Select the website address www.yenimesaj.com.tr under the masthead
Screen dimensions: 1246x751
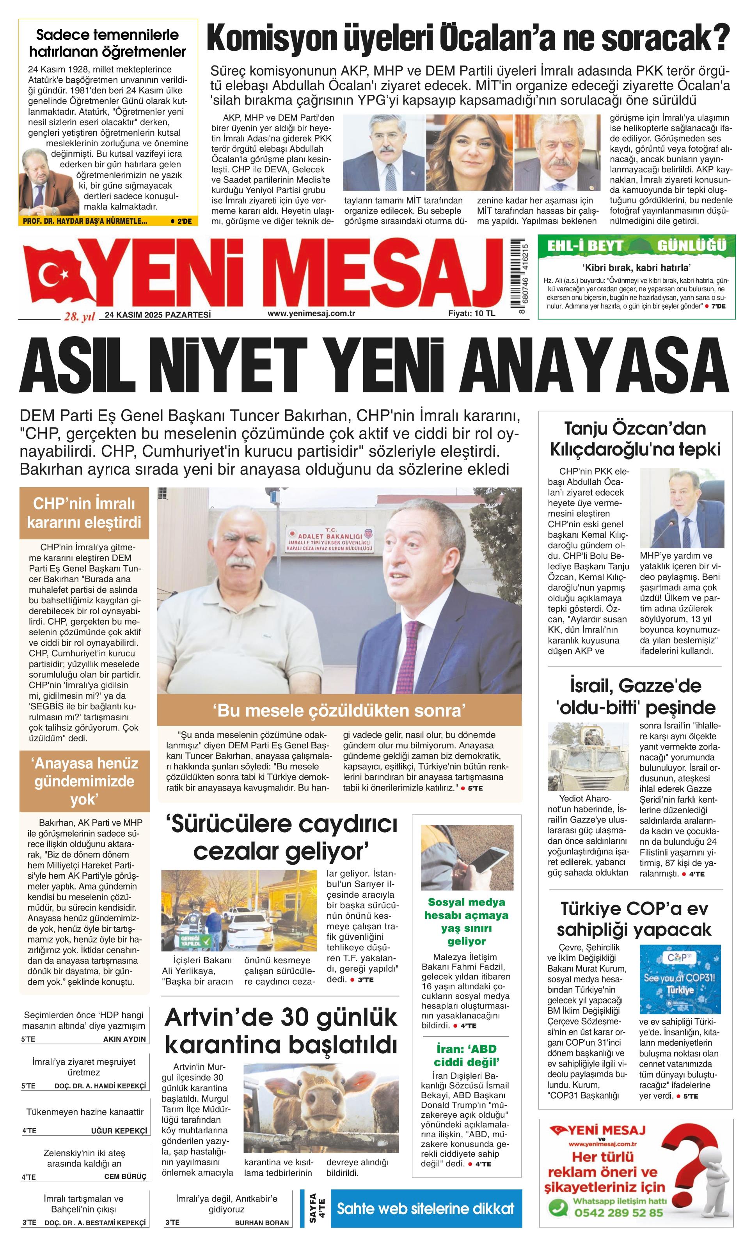(x=311, y=314)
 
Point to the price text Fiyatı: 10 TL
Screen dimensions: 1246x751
(x=472, y=314)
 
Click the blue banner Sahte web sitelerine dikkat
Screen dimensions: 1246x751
(x=425, y=1209)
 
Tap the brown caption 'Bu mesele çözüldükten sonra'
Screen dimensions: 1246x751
(x=339, y=711)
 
